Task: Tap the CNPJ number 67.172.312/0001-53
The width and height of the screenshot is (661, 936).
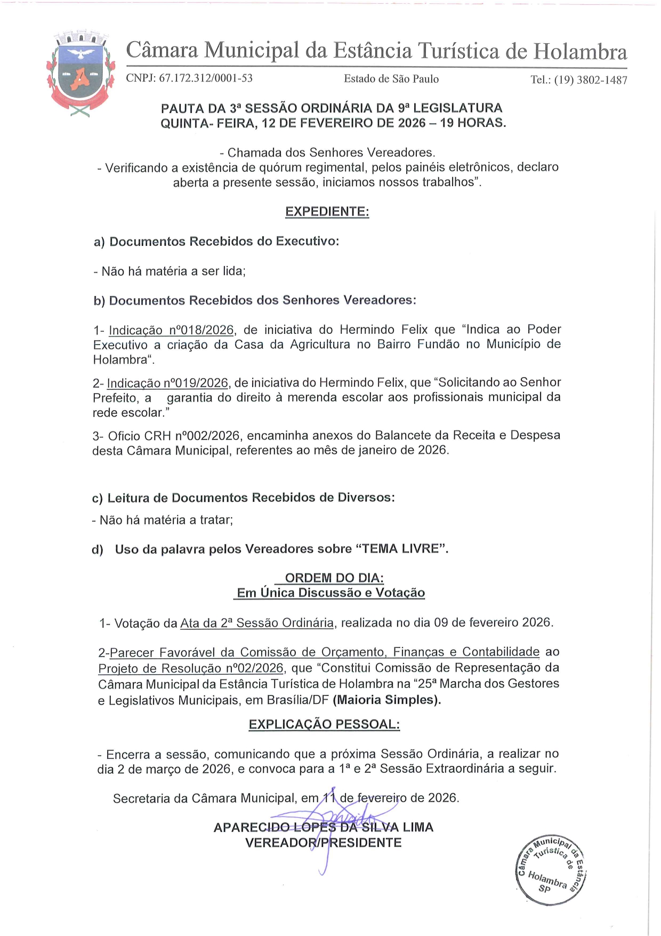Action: point(206,78)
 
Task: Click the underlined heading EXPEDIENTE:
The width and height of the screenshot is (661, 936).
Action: point(327,212)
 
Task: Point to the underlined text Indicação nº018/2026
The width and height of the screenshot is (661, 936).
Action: point(171,330)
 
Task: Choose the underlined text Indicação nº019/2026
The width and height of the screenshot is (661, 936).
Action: point(167,383)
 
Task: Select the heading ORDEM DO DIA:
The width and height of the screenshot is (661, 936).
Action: point(334,578)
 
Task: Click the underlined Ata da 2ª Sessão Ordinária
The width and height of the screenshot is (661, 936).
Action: point(257,623)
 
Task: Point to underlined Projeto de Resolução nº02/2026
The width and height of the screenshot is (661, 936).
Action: point(190,668)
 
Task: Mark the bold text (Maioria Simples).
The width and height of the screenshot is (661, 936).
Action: point(387,700)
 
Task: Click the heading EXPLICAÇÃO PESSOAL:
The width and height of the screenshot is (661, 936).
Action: point(324,724)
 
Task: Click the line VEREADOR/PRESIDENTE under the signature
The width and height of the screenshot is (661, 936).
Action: point(323,843)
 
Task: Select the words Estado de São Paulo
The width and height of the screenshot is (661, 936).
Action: point(391,79)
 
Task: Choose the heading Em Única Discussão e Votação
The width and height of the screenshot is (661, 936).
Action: point(330,593)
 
